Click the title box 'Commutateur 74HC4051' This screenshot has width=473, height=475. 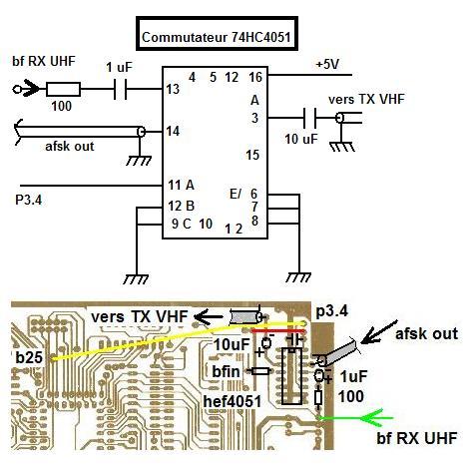(217, 33)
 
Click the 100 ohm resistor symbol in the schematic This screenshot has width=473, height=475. (63, 89)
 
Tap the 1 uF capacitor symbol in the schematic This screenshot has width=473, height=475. (120, 89)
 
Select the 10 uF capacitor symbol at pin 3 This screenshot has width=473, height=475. (310, 118)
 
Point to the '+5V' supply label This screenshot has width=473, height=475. (327, 64)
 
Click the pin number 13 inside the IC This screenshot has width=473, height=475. (173, 89)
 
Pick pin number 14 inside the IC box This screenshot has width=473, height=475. (173, 131)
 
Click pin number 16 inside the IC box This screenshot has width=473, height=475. (255, 77)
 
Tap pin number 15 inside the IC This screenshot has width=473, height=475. (252, 155)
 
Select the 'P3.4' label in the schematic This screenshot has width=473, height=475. (29, 201)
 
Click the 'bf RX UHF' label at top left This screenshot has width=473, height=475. (44, 61)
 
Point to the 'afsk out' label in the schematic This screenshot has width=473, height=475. (70, 147)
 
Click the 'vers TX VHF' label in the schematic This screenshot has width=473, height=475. (366, 99)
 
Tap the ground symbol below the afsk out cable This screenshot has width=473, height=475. (139, 161)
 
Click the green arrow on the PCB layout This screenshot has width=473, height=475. (356, 418)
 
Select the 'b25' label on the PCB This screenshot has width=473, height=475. (29, 357)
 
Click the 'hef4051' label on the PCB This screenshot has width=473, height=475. (233, 401)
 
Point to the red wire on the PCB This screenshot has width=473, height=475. (277, 331)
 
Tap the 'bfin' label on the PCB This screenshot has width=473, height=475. (227, 371)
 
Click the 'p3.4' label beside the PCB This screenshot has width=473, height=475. (331, 311)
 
